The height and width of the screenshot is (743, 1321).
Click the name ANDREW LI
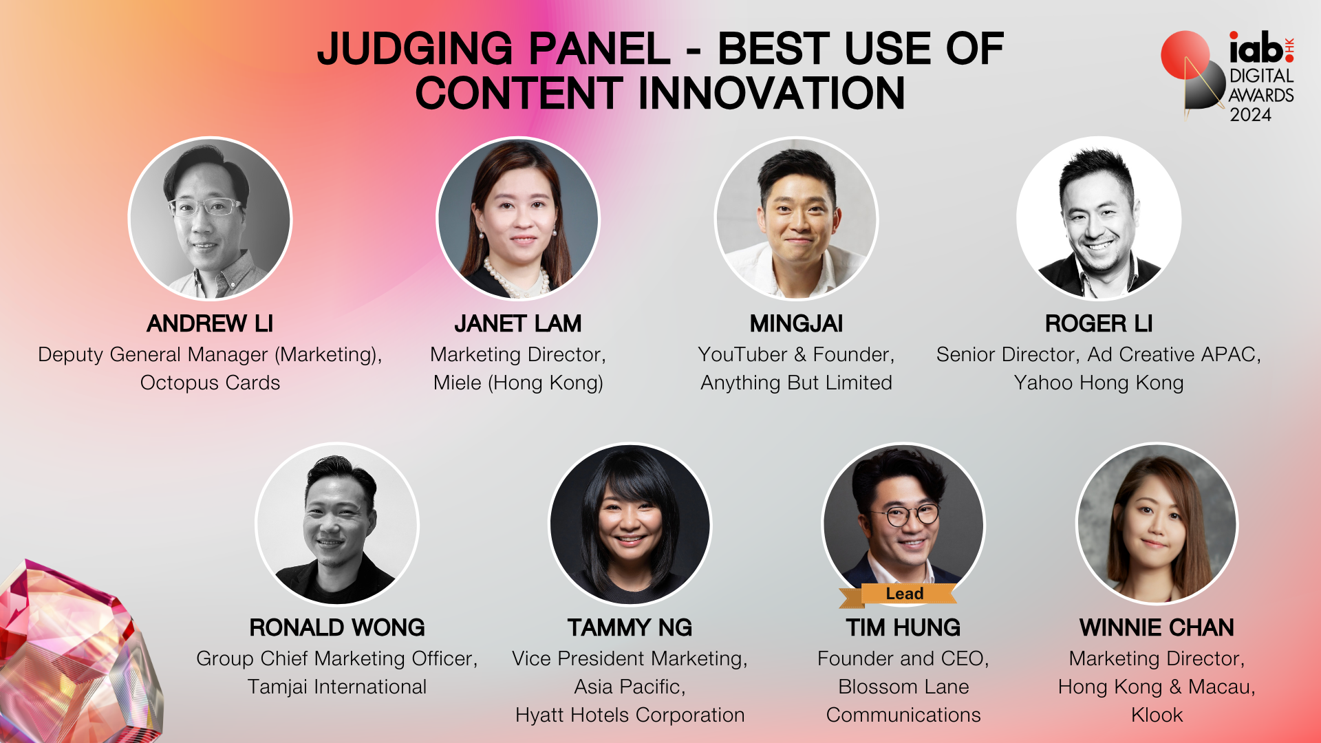pos(210,323)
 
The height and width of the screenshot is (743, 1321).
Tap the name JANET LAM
pos(518,323)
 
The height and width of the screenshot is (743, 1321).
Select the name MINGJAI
pos(796,323)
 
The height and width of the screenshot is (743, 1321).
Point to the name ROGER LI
pos(1099,323)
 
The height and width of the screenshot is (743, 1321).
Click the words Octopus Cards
pos(210,383)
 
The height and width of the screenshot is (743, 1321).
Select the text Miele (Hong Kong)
pos(518,383)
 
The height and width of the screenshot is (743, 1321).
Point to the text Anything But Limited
pos(796,383)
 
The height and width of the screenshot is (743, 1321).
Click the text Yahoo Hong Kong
pos(1099,383)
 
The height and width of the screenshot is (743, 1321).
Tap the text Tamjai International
pos(337,687)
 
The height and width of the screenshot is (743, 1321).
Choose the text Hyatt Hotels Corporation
pos(630,715)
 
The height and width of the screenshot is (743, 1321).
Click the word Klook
pos(1157,715)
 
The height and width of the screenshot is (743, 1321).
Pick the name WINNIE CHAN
pos(1157,627)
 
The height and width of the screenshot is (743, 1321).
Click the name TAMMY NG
pos(630,627)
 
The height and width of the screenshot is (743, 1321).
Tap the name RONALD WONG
pos(337,627)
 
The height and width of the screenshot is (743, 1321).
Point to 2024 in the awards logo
pos(1250,115)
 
